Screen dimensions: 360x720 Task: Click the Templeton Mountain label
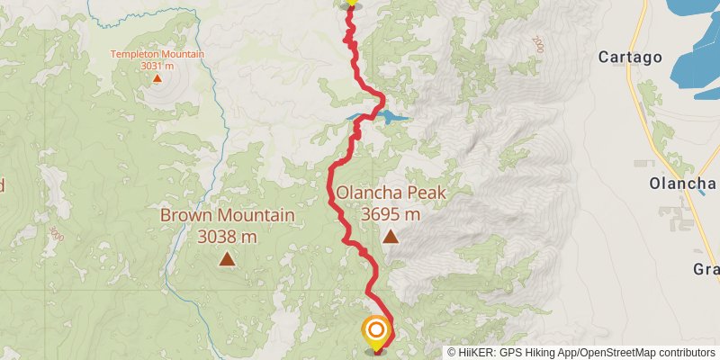(157, 54)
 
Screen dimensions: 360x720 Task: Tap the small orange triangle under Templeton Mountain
(157, 78)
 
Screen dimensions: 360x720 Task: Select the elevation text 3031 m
(157, 65)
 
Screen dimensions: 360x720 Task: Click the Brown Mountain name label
(227, 216)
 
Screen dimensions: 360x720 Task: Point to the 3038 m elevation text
(227, 237)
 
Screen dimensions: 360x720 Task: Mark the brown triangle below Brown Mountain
(227, 260)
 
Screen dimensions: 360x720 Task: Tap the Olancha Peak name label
(391, 193)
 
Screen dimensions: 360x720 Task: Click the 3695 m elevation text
(391, 214)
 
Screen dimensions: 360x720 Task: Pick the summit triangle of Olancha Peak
(391, 238)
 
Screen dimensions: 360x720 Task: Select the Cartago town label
(630, 58)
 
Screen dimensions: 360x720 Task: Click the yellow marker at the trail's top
(350, 4)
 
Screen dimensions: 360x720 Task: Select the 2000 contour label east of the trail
(538, 43)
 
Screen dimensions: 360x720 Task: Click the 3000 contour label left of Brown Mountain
(56, 233)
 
